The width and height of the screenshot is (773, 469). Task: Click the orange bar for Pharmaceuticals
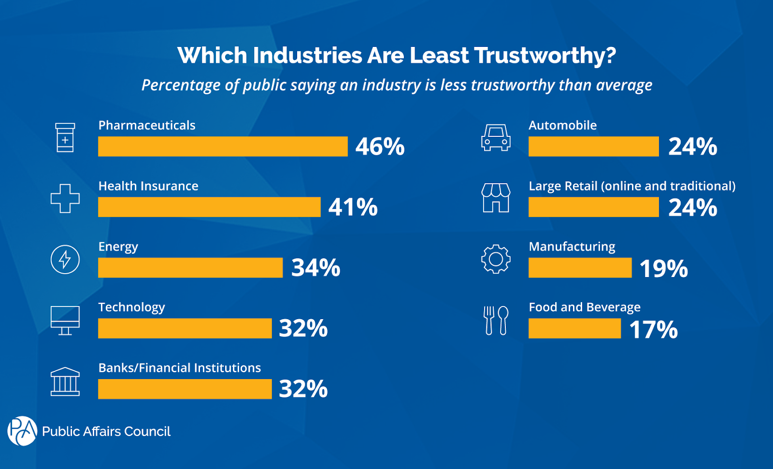click(x=223, y=147)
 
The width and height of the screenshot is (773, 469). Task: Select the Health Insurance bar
click(x=209, y=207)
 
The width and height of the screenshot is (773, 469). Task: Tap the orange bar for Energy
click(x=190, y=267)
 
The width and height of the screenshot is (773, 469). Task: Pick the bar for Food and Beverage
click(x=574, y=328)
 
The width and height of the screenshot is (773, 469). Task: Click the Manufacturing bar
click(x=580, y=268)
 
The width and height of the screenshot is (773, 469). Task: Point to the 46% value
click(x=380, y=147)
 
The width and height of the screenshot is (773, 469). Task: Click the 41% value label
click(x=353, y=207)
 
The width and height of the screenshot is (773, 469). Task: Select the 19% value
click(x=663, y=269)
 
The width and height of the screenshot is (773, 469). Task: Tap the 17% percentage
click(x=653, y=330)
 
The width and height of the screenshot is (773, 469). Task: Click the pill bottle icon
click(x=65, y=138)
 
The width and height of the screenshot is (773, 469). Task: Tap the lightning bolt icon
click(x=65, y=260)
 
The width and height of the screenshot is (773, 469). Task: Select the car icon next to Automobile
click(x=496, y=138)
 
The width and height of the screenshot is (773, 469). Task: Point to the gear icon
click(x=496, y=260)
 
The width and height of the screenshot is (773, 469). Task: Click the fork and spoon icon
click(x=496, y=320)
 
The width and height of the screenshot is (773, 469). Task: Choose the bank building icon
click(x=65, y=381)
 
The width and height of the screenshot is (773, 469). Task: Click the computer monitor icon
click(x=65, y=320)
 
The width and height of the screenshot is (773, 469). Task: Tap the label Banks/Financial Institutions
click(x=179, y=368)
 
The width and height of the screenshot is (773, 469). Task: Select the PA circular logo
click(x=22, y=431)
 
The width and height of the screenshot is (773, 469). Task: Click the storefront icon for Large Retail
click(x=496, y=198)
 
